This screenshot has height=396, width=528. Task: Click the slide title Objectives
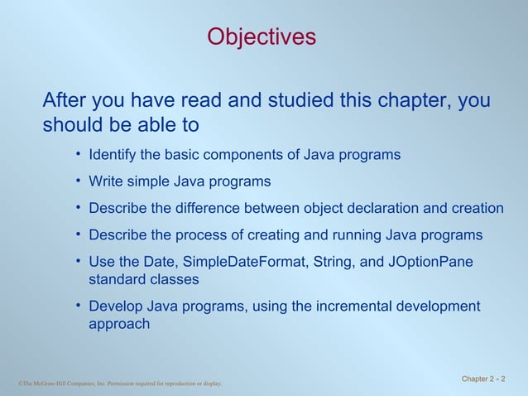click(x=262, y=37)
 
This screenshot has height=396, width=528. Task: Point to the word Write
click(x=106, y=181)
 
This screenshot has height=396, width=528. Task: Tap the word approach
click(x=119, y=324)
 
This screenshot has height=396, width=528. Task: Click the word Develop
click(x=116, y=307)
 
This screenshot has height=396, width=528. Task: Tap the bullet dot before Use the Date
click(x=77, y=261)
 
